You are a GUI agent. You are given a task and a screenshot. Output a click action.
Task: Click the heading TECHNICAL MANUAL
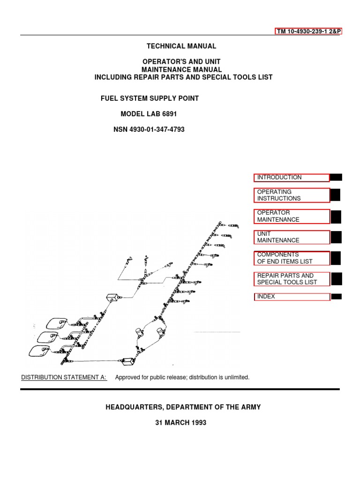coord(181,46)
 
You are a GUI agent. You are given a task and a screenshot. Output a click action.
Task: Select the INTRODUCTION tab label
coord(292,178)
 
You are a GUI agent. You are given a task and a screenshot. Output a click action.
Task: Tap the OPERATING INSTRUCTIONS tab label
coord(292,195)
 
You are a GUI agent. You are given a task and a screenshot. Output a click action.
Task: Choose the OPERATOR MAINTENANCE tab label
coord(292,216)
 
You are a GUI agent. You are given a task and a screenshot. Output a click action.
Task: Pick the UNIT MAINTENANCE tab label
coord(292,237)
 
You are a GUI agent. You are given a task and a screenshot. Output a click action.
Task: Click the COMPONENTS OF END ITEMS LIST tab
coord(292,258)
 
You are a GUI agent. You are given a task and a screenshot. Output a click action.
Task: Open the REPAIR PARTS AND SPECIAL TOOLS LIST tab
coord(292,279)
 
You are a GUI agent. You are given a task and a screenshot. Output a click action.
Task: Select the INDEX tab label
coord(292,297)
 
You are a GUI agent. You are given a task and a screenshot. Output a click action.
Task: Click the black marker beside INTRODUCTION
coord(336,177)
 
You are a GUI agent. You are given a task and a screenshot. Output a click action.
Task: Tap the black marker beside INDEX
coord(336,296)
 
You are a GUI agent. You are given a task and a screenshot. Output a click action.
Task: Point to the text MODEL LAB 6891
coord(150,114)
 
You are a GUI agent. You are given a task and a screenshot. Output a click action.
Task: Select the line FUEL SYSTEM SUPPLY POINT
coord(150,98)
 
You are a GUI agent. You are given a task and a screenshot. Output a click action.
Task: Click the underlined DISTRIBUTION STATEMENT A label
coord(64,377)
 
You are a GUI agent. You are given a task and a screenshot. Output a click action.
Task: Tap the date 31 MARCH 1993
coord(180,422)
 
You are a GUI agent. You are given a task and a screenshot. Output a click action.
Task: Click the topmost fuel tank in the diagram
coord(56,323)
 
